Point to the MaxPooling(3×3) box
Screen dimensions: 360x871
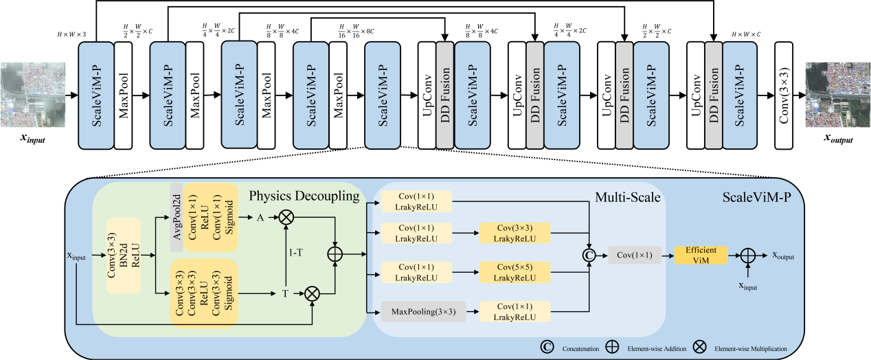pyautogui.click(x=423, y=312)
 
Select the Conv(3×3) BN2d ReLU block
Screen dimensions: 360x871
pyautogui.click(x=124, y=256)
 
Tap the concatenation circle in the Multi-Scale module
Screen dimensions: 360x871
pyautogui.click(x=589, y=256)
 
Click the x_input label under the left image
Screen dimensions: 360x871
pyautogui.click(x=34, y=139)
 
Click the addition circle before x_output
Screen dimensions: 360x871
pyautogui.click(x=747, y=256)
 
